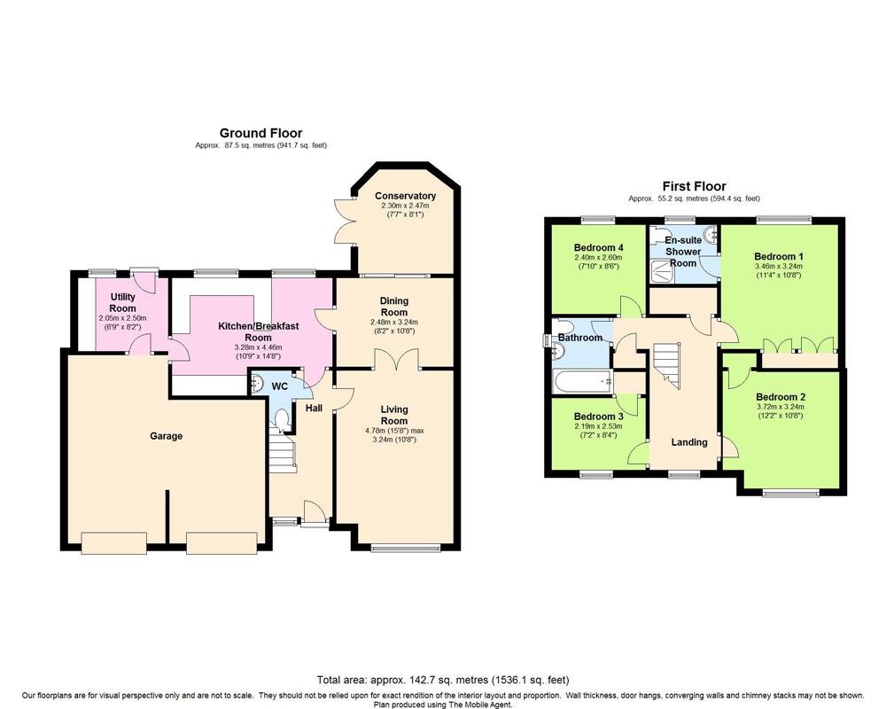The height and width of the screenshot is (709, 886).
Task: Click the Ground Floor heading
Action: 260,134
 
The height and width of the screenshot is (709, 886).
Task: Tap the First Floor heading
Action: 694,186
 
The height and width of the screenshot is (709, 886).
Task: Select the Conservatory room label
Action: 405,196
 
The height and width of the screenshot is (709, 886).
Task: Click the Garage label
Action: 167,436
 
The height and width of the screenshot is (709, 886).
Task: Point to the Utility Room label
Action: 122,302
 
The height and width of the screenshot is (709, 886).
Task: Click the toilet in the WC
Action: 281,418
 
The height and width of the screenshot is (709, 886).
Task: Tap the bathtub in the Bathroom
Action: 583,382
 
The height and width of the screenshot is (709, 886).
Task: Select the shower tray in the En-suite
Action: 662,271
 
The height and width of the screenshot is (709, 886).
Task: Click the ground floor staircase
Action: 282,450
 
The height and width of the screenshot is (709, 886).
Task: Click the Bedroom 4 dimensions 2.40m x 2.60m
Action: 598,257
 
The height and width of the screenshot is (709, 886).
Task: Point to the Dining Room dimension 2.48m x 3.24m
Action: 394,323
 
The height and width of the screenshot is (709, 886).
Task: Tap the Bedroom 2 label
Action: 781,397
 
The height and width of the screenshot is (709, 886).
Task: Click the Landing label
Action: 688,442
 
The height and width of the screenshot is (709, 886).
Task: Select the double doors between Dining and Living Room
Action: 395,360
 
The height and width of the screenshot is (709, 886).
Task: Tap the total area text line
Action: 443,680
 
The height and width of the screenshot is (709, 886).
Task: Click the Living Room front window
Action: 405,548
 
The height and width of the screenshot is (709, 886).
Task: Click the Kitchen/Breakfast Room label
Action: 258,331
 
